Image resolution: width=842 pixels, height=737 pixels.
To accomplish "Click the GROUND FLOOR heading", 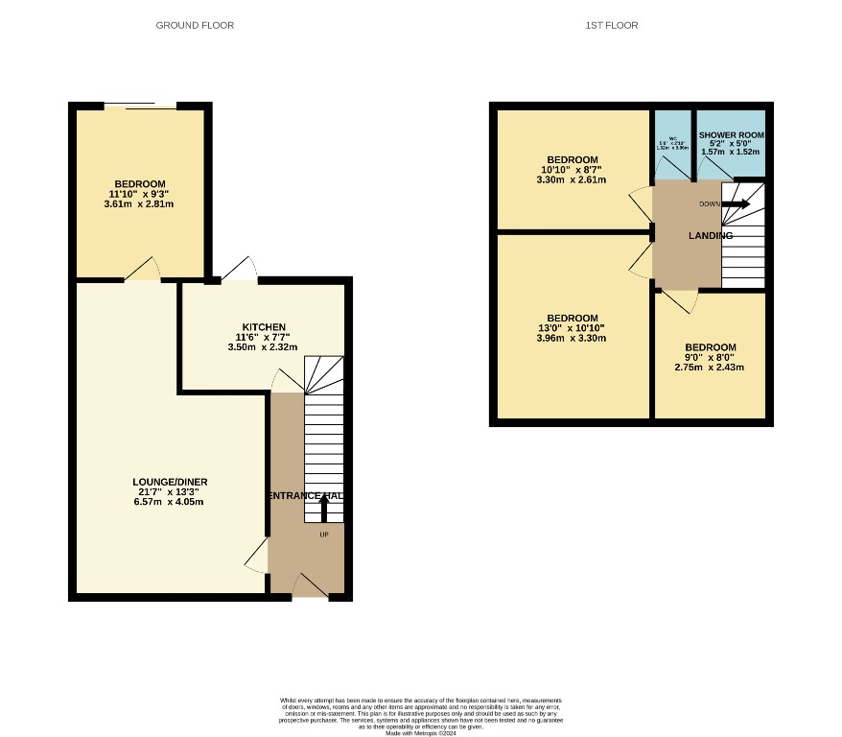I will click(195, 25).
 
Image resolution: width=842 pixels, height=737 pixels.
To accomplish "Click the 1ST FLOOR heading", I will click(611, 25).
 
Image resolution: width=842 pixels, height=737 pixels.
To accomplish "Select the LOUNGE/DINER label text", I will click(171, 482).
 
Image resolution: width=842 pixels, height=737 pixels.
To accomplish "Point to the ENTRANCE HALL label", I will click(306, 495).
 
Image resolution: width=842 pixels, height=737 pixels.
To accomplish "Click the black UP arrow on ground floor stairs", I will click(322, 508).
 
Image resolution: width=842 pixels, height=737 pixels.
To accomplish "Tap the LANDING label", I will click(710, 236).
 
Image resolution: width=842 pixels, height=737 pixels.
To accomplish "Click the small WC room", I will click(673, 144).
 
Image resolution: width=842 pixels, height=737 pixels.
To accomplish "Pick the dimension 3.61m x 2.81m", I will click(140, 204).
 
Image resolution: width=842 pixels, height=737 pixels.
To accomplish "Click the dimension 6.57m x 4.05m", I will click(171, 502).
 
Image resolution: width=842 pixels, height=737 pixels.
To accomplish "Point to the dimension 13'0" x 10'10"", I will click(572, 328).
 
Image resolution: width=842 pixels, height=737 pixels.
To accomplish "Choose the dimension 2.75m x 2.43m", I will click(710, 368).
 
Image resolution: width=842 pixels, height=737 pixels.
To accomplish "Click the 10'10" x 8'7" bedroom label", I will click(572, 159).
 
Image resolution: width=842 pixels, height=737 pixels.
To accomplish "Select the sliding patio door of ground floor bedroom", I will click(140, 105).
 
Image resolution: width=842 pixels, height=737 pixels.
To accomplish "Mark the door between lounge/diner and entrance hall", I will click(258, 554).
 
